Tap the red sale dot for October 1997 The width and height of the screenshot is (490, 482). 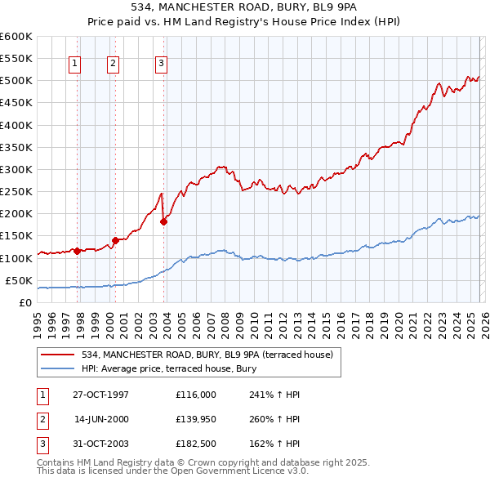[77, 251]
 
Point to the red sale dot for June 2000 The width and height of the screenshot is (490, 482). [115, 240]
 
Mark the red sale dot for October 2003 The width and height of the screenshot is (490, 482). [164, 221]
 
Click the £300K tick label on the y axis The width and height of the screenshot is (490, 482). [16, 169]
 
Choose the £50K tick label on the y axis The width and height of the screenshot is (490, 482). [18, 280]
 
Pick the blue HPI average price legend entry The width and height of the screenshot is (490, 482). [169, 369]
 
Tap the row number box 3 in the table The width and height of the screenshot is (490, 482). [40, 444]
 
